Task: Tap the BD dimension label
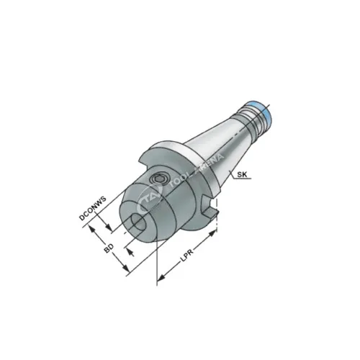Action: click(109, 250)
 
